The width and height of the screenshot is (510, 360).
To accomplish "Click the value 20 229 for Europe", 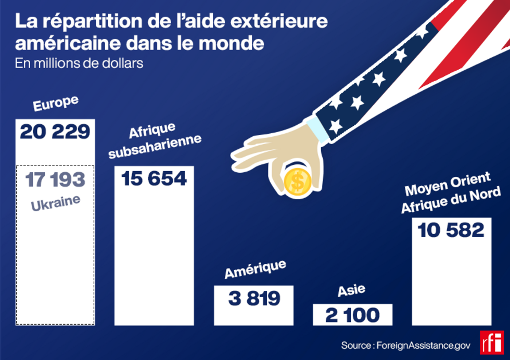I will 55,132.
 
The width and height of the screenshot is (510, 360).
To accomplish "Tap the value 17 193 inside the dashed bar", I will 55,179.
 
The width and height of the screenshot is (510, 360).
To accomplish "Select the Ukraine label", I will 55,202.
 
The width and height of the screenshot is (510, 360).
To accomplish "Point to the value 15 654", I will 154,178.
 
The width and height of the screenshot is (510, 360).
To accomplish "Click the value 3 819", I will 254,299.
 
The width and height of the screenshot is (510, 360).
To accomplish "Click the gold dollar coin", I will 298,182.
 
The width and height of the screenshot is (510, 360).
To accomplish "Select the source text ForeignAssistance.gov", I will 424,345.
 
